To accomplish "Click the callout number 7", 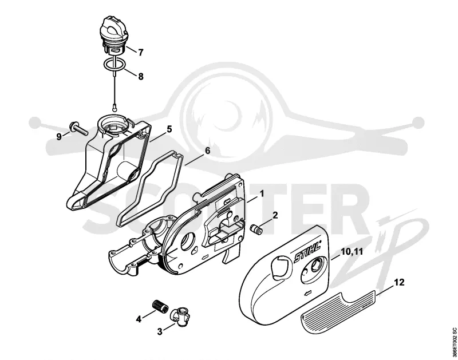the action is [141, 53].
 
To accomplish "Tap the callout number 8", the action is [141, 77].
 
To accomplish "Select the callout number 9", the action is [59, 137].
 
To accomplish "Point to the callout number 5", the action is [169, 129].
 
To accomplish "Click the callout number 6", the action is [207, 151].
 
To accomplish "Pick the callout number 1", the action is [262, 193].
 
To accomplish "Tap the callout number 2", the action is [275, 215].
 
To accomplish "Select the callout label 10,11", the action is [352, 251].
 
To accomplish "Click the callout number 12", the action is [399, 282].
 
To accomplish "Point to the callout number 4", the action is [139, 319].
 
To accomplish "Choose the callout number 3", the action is [160, 332].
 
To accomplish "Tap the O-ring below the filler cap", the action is [115, 64].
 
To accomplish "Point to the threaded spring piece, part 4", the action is [160, 307].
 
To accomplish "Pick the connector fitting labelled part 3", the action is [180, 315].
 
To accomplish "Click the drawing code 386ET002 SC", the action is [453, 342].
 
